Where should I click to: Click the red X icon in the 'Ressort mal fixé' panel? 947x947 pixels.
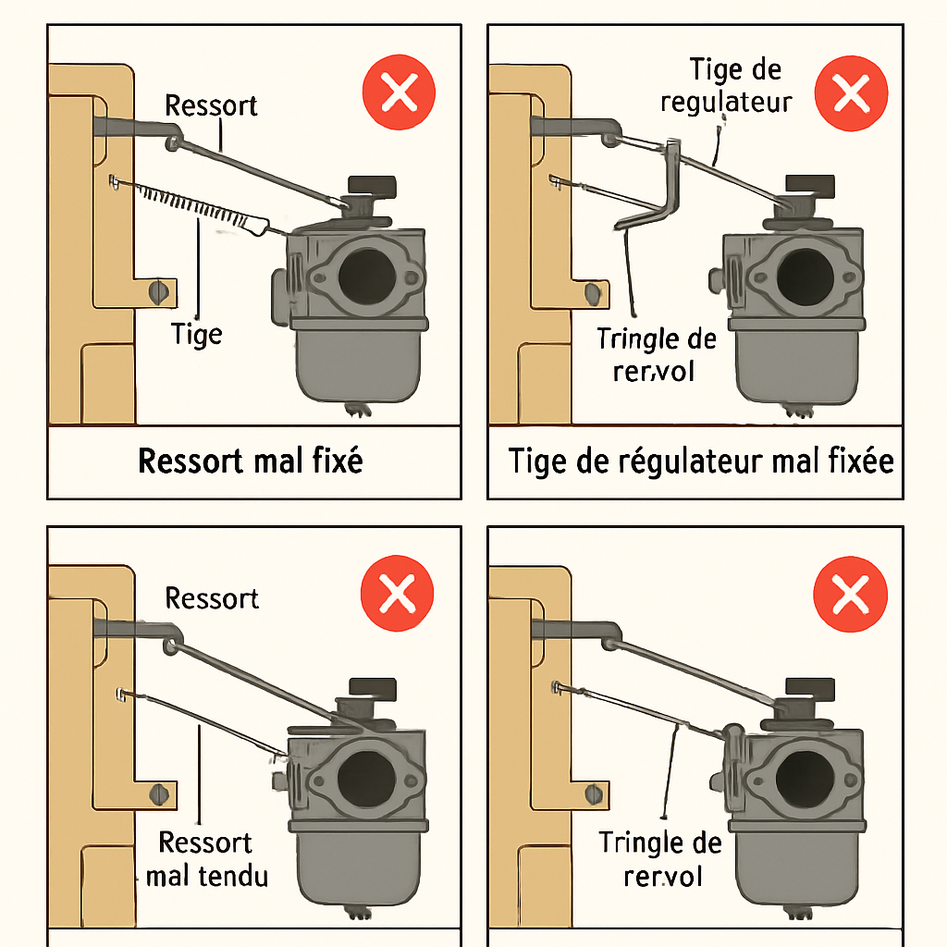coord(399,93)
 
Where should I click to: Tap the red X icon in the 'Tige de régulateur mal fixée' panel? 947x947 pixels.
coord(850,93)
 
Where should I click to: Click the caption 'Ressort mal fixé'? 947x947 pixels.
coord(251,461)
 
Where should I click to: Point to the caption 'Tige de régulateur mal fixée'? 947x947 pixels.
coord(702,461)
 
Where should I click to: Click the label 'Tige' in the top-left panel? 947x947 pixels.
coord(197,333)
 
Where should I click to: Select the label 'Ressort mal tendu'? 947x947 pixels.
coord(206,859)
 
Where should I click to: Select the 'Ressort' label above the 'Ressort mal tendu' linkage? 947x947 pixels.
coord(212,598)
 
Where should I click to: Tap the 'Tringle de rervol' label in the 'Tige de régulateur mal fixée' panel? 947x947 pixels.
coord(656,354)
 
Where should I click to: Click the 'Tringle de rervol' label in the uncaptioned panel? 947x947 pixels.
coord(659,858)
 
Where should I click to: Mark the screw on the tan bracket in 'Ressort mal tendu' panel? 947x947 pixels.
coord(162,793)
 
